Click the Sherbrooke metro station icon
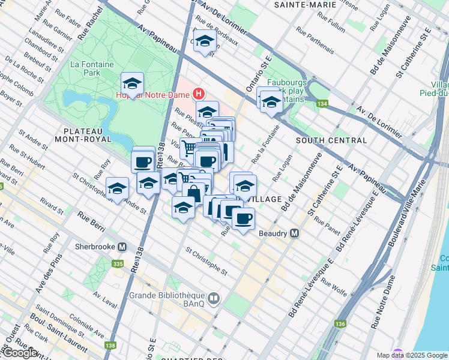122,247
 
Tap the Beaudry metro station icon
295,233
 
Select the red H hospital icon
199,94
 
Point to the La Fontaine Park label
85,68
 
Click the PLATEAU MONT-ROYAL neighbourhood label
88,134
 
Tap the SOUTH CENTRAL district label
331,140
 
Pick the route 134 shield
323,104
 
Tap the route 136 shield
340,325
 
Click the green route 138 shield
110,345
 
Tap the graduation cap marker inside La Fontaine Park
132,83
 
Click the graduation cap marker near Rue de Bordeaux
205,41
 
